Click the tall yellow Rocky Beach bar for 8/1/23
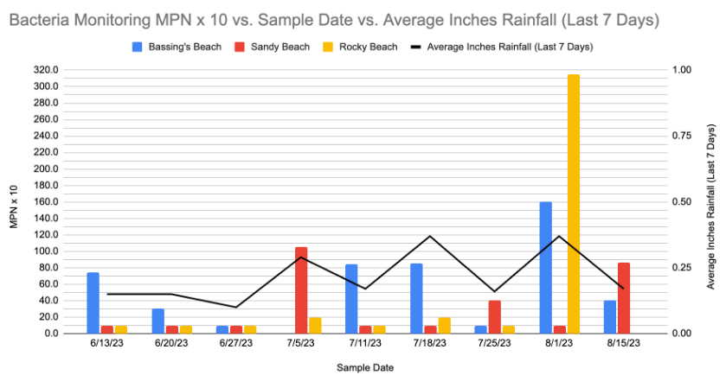click(573, 204)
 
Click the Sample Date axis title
click(364, 367)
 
